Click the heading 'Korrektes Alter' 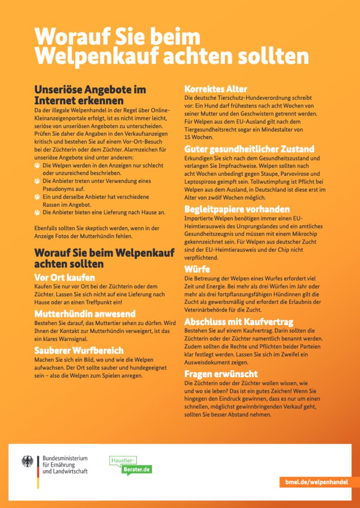coord(216,89)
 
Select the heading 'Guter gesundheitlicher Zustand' coord(249,149)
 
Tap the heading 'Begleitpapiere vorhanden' coord(237,209)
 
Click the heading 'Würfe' coord(197,269)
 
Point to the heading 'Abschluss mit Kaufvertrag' coord(239,321)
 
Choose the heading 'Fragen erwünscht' coord(221,374)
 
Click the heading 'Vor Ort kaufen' coord(65,277)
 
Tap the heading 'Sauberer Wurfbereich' coord(79,350)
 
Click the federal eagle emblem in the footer coord(27,461)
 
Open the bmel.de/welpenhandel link coord(316,481)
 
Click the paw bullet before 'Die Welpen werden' coord(37,165)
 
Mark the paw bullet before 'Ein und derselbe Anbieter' coord(37,197)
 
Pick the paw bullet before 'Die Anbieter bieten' coord(37,212)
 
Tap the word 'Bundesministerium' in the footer coord(65,458)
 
